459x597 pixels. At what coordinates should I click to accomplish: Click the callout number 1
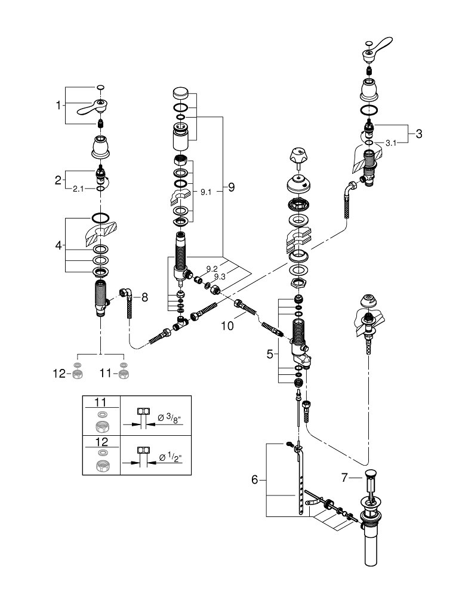click(x=58, y=106)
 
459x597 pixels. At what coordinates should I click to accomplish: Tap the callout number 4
click(x=58, y=245)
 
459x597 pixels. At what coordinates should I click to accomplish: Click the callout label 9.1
click(x=205, y=192)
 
